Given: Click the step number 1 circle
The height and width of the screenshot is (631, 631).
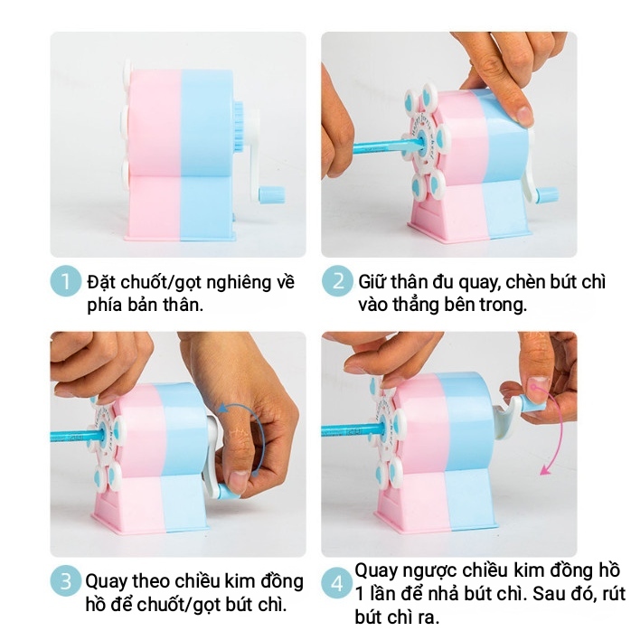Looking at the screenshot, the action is click(65, 281).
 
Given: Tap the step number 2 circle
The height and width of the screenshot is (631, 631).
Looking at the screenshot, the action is click(337, 281).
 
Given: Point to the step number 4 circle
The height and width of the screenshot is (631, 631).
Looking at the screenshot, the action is click(337, 583).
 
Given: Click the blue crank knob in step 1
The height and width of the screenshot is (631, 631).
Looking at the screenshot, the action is click(272, 194).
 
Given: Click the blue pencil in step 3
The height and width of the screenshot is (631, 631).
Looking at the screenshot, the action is click(77, 436).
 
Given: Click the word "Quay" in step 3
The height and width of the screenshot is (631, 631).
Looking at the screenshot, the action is click(106, 582).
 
